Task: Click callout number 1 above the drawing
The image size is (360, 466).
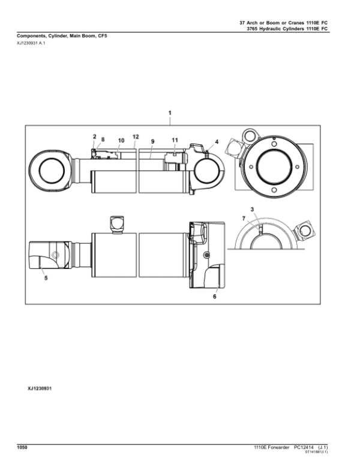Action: [170, 113]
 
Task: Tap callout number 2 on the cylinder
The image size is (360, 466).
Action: [94, 136]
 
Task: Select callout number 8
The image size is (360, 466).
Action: [102, 139]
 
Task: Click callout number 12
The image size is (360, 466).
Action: [136, 136]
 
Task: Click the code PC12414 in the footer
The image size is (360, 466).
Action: [305, 447]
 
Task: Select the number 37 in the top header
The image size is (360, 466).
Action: [242, 22]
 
